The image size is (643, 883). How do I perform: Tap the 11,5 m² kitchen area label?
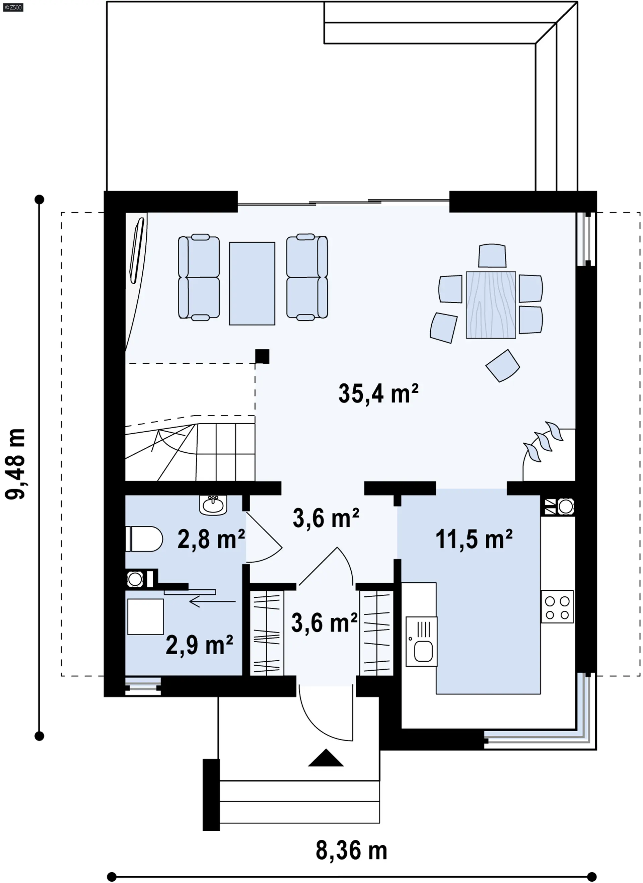474,539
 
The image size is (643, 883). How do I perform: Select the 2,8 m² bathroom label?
211,539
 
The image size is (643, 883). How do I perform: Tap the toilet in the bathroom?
144,539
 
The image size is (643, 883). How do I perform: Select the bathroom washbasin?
213,505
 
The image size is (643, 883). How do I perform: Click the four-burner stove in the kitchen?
557,606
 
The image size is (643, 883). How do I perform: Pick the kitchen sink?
421,641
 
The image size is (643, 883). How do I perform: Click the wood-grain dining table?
491,305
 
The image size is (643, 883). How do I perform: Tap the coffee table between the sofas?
252,283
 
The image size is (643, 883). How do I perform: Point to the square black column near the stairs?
262,356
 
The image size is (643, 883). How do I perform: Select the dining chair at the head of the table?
492,255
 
